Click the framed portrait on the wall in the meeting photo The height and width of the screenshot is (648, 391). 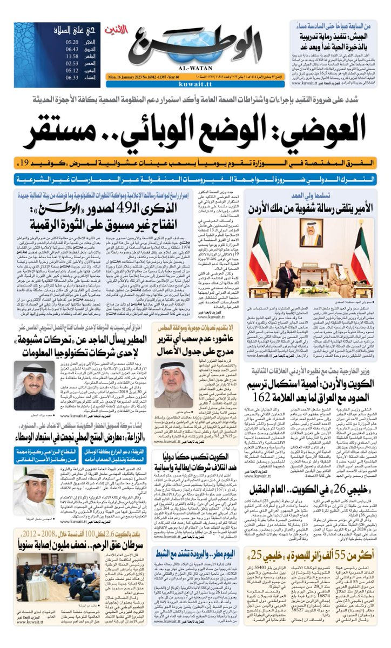click(312, 233)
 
